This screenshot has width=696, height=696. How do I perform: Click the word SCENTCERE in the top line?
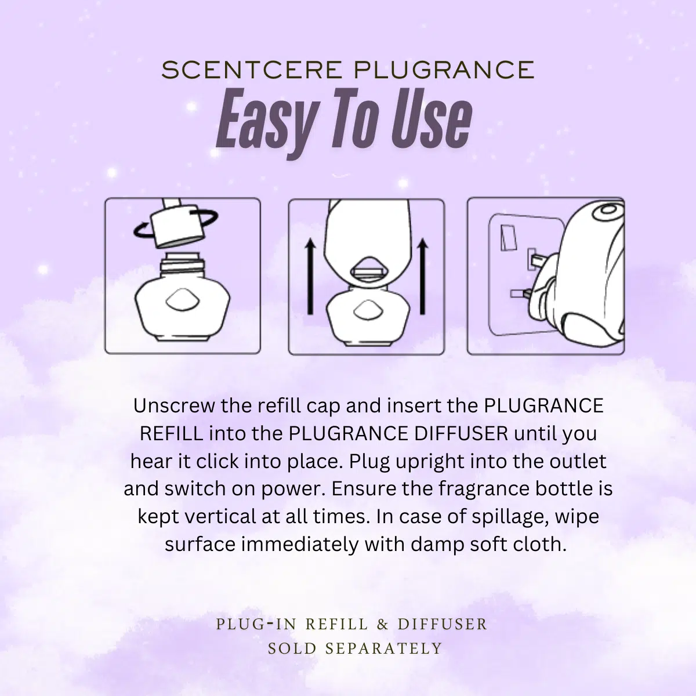(252, 70)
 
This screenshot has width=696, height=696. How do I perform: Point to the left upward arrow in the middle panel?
(310, 277)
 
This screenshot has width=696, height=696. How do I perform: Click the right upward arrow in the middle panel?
(422, 277)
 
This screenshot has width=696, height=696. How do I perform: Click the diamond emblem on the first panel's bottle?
(182, 299)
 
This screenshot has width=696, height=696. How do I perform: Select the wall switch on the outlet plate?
(507, 238)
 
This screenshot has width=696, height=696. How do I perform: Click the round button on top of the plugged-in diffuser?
(608, 209)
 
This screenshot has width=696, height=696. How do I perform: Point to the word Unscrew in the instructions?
(174, 405)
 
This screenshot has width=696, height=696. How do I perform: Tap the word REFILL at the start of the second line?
(172, 433)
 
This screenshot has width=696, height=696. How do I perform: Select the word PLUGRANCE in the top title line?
(444, 70)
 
